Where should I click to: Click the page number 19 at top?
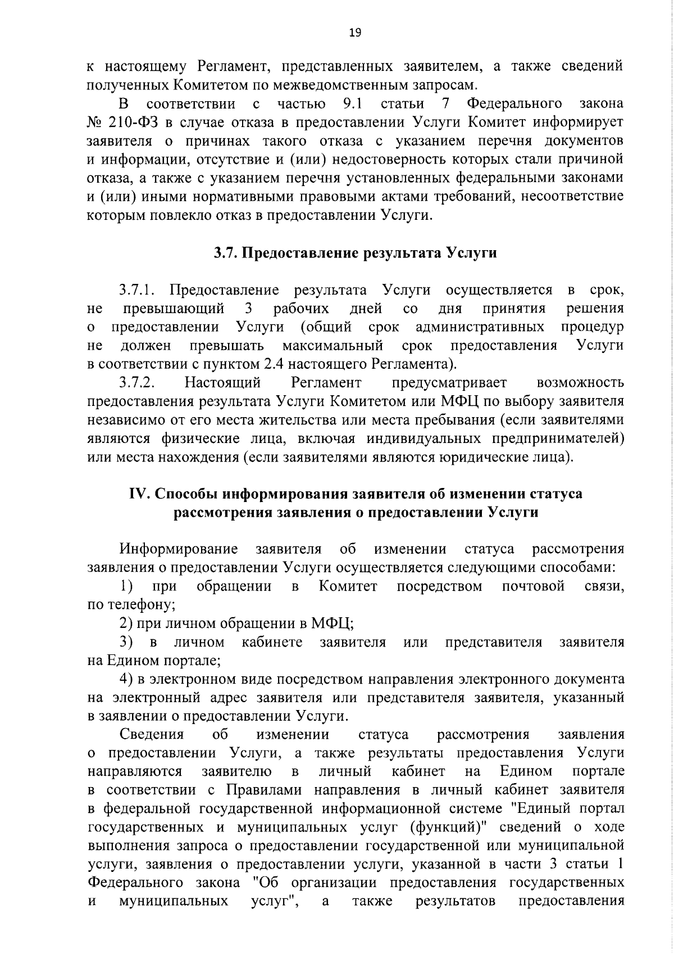tap(355, 33)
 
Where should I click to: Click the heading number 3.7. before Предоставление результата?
tap(226, 253)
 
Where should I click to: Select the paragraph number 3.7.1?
tap(136, 290)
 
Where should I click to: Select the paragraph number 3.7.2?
tap(136, 383)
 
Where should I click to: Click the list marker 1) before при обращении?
tap(126, 586)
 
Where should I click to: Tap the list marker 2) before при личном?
tap(126, 623)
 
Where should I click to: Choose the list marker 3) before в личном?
tap(126, 642)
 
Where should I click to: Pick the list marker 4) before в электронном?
tap(126, 679)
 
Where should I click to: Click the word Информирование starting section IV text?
tap(178, 549)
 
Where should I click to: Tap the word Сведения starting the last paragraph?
tap(152, 734)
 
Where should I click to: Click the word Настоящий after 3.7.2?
tap(222, 383)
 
